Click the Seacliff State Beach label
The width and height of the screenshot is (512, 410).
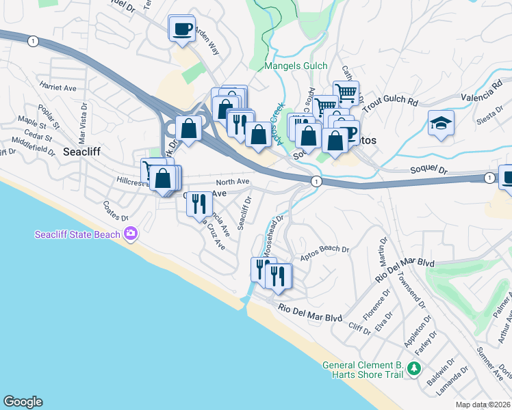pos(78,236)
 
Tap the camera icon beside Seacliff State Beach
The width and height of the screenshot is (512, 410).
pos(130,235)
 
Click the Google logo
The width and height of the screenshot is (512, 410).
pos(23,402)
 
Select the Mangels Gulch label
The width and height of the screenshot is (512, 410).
pos(296,66)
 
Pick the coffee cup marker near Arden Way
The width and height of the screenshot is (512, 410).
pos(181,29)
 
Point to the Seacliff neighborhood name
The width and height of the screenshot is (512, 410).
pos(83,152)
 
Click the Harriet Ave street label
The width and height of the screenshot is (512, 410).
pos(58,88)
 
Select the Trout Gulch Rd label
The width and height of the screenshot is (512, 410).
pos(390,103)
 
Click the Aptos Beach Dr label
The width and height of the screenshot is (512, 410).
pos(325,250)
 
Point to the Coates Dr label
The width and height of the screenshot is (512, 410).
pos(115,210)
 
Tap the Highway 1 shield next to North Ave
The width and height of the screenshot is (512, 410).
pos(316,182)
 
